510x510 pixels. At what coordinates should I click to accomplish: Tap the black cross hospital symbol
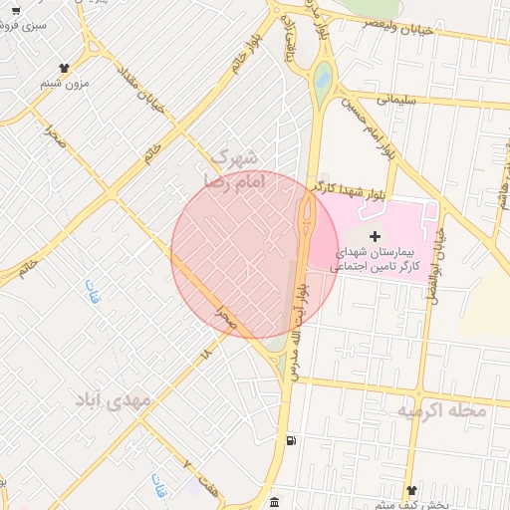coord(375,235)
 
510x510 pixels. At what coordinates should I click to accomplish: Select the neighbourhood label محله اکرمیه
coord(441,409)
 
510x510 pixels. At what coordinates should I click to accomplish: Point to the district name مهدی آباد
coord(115,400)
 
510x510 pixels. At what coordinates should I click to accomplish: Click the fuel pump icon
coord(289,440)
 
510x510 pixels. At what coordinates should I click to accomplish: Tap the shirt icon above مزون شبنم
coord(65,68)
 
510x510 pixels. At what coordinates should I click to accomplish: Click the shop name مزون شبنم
coord(65,85)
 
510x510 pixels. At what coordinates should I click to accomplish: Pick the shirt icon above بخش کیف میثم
coord(412,491)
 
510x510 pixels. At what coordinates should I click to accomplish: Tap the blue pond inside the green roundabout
coord(322,77)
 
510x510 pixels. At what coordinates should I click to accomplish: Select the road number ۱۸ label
coord(206,351)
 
